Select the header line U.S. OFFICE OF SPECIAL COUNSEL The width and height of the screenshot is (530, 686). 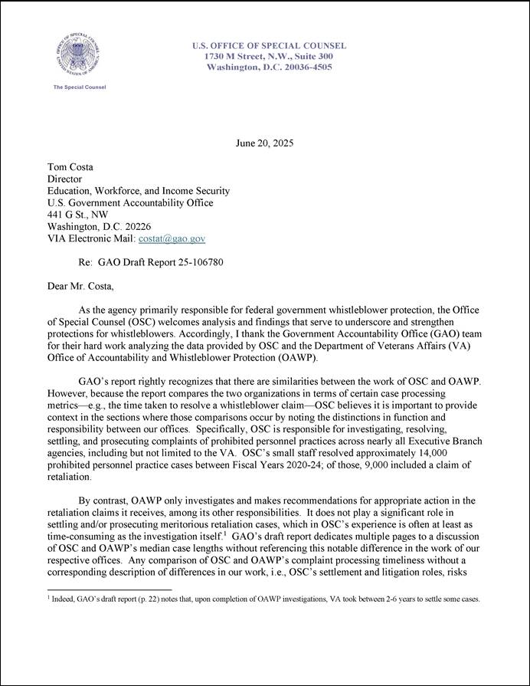(x=269, y=46)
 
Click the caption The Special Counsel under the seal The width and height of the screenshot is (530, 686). (x=79, y=87)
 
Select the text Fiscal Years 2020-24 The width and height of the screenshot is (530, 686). (x=276, y=464)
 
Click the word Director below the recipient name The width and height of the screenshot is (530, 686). (x=65, y=179)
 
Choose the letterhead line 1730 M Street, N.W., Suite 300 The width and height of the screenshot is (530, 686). (x=269, y=57)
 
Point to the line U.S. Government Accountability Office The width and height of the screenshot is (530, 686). (x=130, y=203)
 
